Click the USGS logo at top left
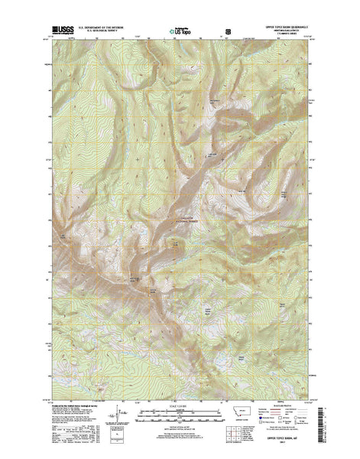(x=63, y=31)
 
